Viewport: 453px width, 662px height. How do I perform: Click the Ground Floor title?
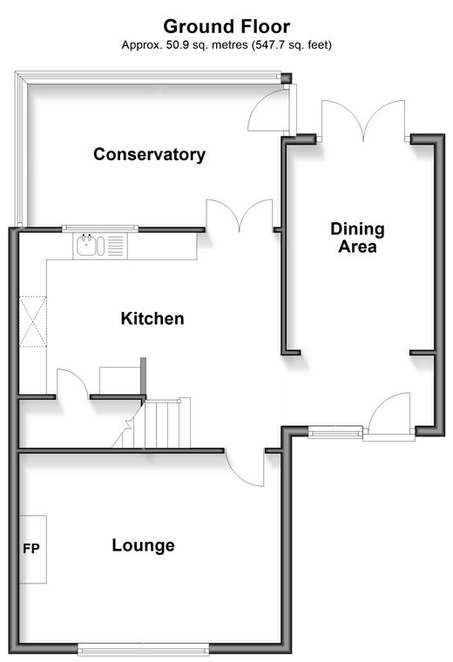[x=226, y=27]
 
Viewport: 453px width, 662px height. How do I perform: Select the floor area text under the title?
[x=226, y=45]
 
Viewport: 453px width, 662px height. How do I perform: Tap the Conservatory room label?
[x=149, y=154]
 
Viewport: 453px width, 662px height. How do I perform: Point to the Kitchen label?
[x=152, y=318]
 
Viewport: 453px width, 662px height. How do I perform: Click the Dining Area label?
[x=357, y=238]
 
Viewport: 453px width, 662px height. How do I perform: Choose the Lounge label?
[x=143, y=545]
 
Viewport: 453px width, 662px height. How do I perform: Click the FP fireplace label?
[x=31, y=549]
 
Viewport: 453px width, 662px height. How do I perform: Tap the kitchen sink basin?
[x=86, y=246]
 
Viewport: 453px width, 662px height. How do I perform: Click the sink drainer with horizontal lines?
[x=116, y=246]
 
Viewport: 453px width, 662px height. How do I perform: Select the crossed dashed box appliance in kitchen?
[x=33, y=321]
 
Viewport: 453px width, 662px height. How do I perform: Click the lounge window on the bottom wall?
[x=143, y=648]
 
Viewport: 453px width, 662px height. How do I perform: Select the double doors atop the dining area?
[x=363, y=120]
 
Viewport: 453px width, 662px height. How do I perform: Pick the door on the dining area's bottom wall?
[x=389, y=414]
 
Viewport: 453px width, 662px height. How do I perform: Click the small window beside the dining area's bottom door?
[x=335, y=432]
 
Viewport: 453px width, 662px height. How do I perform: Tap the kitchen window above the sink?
[x=100, y=228]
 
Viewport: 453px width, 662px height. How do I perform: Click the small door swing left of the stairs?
[x=72, y=383]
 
